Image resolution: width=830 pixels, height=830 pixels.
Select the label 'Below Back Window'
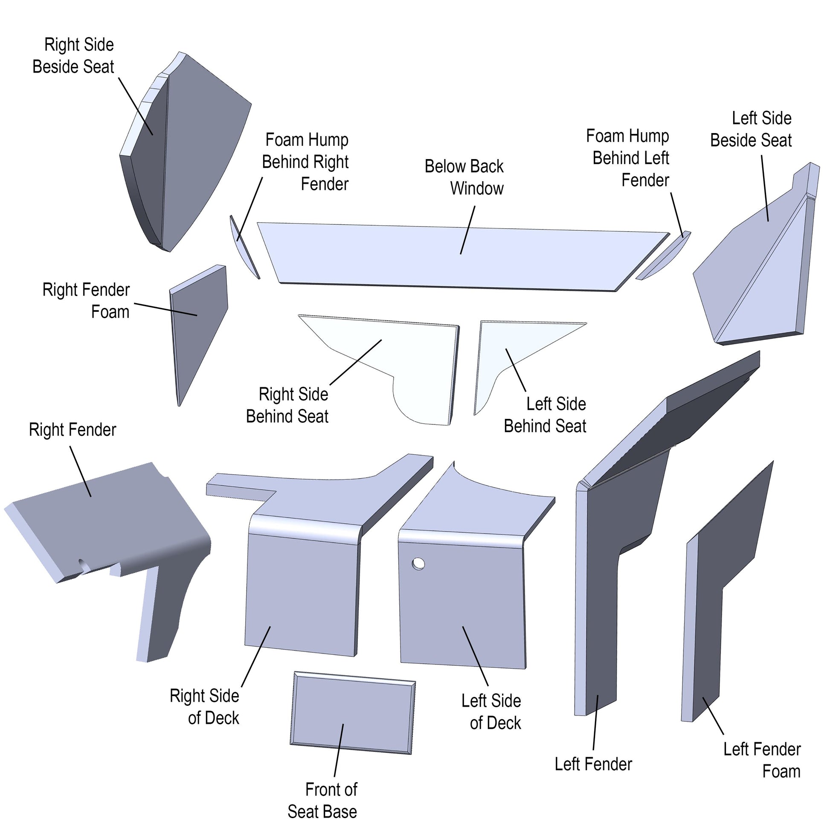pyautogui.click(x=464, y=177)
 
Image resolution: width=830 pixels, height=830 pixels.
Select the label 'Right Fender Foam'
pyautogui.click(x=86, y=301)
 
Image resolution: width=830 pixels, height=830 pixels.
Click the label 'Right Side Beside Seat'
pyautogui.click(x=73, y=56)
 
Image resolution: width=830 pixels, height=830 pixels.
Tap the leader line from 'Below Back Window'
pyautogui.click(x=468, y=230)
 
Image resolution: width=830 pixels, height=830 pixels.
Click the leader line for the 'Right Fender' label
pyautogui.click(x=80, y=471)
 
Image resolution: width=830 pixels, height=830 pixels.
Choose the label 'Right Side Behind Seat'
pyautogui.click(x=287, y=405)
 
